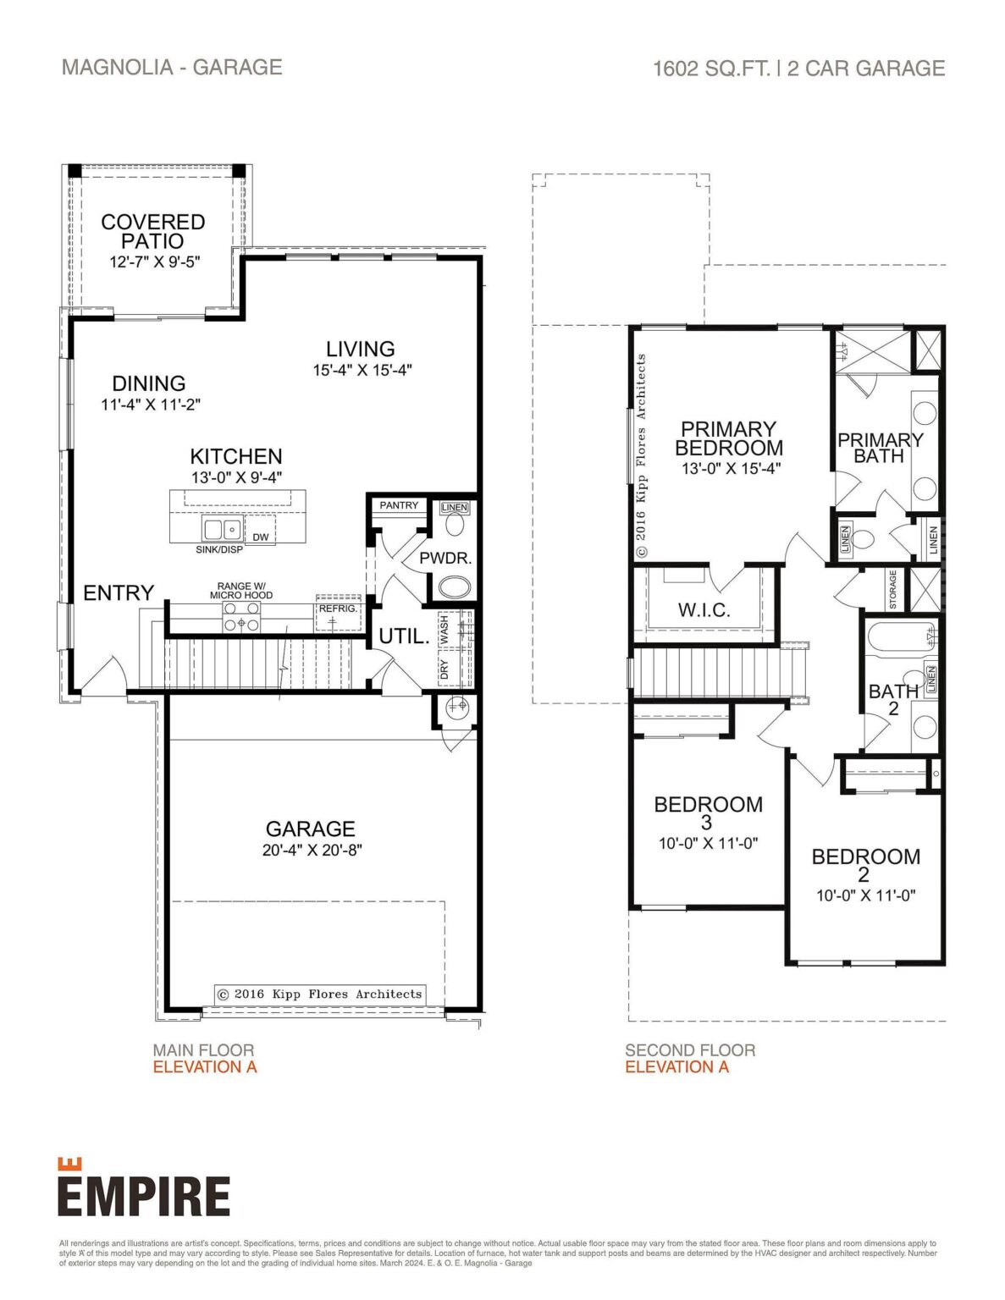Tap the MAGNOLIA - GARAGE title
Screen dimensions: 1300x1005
tap(172, 68)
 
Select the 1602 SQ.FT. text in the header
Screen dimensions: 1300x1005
tap(711, 69)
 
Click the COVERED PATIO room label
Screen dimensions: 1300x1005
tap(152, 231)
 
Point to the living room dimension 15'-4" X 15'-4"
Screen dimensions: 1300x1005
tap(362, 370)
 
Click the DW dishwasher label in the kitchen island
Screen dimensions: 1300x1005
tap(261, 537)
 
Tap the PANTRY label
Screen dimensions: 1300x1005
tap(399, 505)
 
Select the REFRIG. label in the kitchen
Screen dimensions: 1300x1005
tap(339, 609)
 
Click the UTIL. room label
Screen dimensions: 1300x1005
tap(403, 636)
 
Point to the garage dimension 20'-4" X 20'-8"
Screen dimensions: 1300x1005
tap(312, 851)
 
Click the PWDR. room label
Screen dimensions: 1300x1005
tap(445, 559)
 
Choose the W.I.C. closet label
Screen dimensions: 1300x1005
tap(704, 610)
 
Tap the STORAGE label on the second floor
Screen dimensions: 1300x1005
tap(892, 589)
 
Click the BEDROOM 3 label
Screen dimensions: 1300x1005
tap(708, 812)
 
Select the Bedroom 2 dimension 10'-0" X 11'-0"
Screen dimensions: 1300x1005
tap(865, 895)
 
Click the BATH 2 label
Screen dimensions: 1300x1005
tap(893, 699)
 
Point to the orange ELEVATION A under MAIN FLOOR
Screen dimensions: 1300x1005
tap(205, 1067)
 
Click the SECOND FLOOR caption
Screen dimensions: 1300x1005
tap(690, 1050)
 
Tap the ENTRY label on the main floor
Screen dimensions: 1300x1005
tap(119, 593)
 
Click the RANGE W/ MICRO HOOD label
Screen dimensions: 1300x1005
tap(241, 590)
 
